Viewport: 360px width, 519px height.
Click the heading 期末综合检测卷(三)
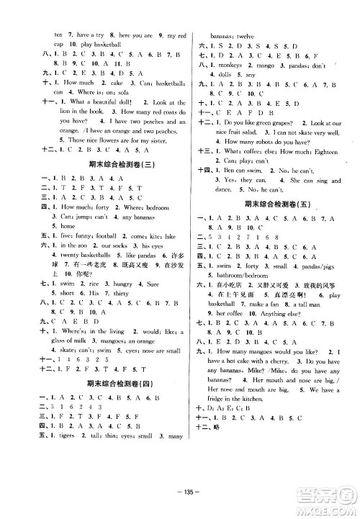click(x=107, y=163)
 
